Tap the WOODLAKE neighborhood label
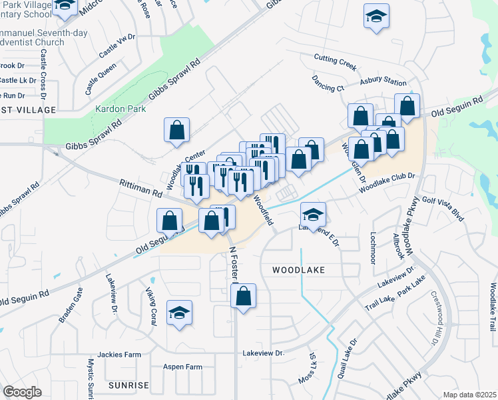point(298,270)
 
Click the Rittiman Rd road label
point(141,187)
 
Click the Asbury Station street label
point(383,82)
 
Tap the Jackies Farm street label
point(117,354)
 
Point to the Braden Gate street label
point(71,305)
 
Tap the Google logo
point(23,392)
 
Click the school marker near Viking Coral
point(178,313)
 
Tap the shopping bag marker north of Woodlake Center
point(177,130)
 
